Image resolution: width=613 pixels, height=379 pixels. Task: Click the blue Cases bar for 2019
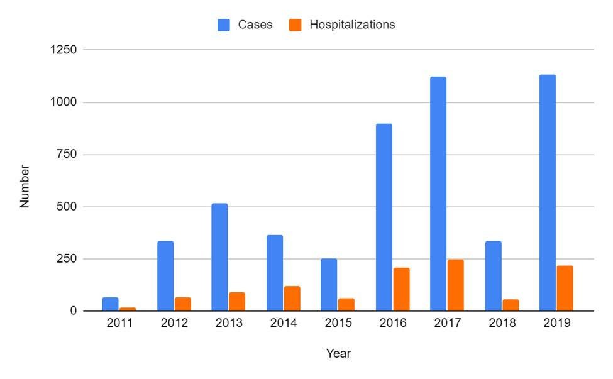547,193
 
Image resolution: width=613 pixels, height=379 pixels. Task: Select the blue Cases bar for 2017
438,194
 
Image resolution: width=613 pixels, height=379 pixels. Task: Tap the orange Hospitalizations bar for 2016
401,289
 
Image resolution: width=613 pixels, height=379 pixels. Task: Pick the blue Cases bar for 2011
110,304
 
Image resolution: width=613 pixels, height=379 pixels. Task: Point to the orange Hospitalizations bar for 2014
292,299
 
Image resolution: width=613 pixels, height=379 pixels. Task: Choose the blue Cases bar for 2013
219,257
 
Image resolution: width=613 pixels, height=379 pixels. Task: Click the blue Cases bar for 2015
329,285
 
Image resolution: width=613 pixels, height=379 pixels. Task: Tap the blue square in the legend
224,25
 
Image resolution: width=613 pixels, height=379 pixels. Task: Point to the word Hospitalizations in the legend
352,25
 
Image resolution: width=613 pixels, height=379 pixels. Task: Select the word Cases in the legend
255,25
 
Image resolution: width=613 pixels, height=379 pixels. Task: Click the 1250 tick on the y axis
64,50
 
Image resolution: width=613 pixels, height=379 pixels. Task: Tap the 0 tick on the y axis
75,311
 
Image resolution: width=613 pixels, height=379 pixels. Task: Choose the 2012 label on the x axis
174,324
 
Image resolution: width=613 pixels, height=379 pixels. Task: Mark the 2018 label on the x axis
502,324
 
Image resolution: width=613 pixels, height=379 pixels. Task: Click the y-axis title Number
25,186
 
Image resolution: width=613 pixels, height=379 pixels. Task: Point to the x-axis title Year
338,354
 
